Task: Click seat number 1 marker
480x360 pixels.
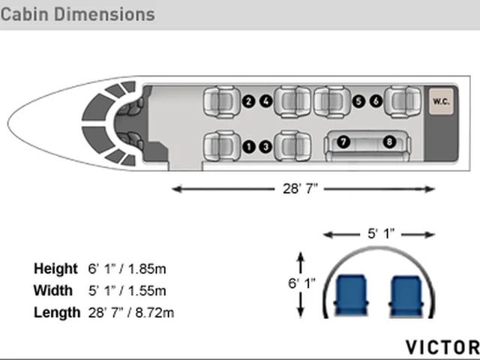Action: pyautogui.click(x=249, y=147)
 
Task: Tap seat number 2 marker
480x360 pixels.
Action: pyautogui.click(x=248, y=101)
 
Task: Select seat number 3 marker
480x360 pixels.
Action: pyautogui.click(x=265, y=147)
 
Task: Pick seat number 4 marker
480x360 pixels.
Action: pyautogui.click(x=266, y=101)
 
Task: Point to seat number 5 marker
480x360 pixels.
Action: pyautogui.click(x=358, y=101)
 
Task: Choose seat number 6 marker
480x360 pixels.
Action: pyautogui.click(x=376, y=101)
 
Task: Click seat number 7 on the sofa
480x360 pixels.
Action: pyautogui.click(x=343, y=142)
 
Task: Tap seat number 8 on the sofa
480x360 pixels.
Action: pyautogui.click(x=389, y=142)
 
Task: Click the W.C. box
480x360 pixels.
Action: pyautogui.click(x=441, y=102)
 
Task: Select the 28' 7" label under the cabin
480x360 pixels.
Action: pyautogui.click(x=300, y=188)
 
